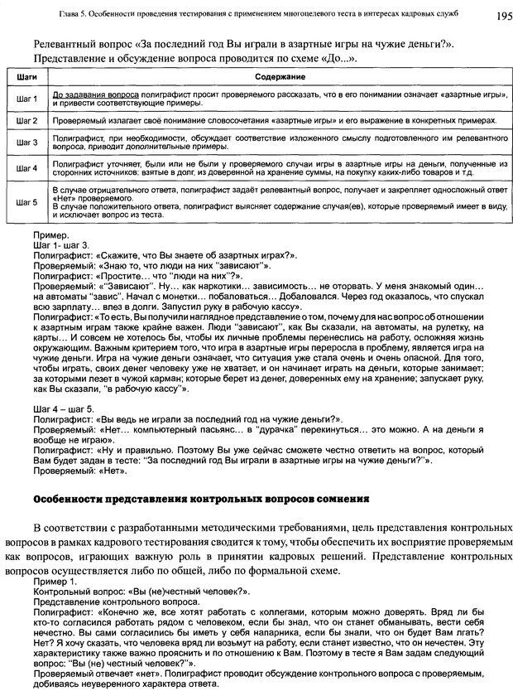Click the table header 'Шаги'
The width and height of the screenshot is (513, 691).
click(26, 76)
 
